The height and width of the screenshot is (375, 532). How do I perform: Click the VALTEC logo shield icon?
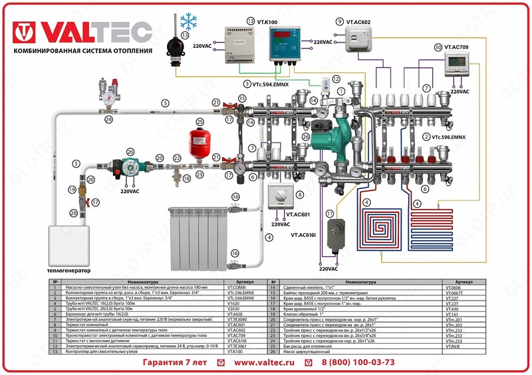click(x=26, y=32)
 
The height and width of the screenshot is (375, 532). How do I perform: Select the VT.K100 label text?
click(x=269, y=22)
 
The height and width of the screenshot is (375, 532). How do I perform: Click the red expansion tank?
click(x=198, y=139)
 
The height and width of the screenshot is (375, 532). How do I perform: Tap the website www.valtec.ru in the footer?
click(x=265, y=362)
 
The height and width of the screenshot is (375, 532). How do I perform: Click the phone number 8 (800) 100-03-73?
click(x=358, y=362)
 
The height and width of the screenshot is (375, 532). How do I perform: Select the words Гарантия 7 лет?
click(x=175, y=362)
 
